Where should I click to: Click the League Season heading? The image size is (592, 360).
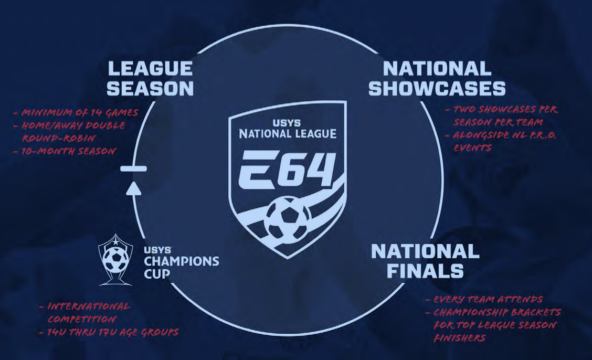150,79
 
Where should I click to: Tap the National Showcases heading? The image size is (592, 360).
437,79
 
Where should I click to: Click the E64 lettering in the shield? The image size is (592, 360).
287,169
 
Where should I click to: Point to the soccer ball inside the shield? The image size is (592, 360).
287,218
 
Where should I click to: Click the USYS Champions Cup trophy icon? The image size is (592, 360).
115,260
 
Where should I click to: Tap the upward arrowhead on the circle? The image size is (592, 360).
134,189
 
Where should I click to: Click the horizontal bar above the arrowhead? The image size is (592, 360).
134,168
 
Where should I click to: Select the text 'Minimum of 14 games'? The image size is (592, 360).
80,112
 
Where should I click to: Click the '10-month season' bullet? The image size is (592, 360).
68,151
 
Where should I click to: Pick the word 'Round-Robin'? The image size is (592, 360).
59,138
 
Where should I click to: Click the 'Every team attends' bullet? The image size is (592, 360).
488,299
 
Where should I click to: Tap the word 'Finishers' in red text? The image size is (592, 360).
459,338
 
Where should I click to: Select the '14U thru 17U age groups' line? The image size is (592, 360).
112,332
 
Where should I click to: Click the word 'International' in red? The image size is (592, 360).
89,306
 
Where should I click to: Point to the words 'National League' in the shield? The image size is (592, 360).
288,134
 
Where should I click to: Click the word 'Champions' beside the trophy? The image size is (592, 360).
181,261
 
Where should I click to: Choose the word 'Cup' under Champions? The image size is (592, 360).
157,274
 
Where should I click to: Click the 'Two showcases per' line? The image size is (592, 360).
505,110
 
